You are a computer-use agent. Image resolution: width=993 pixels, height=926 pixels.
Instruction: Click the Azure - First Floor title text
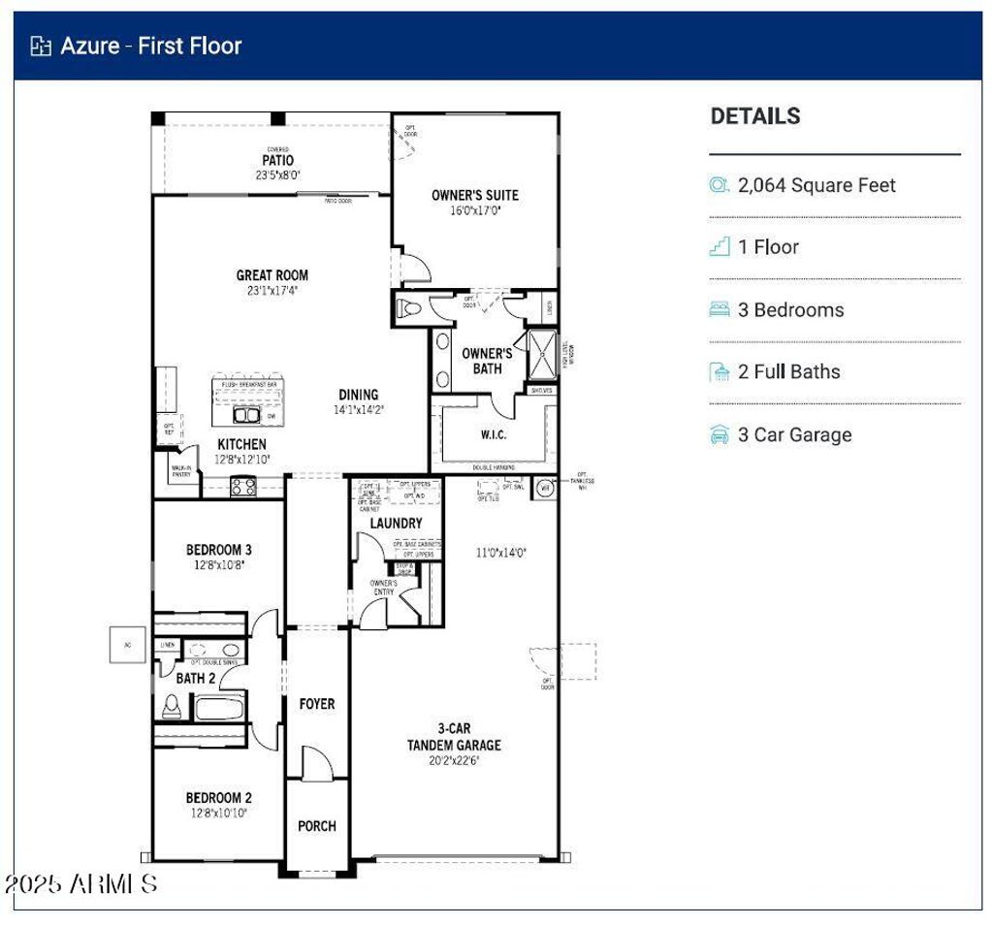coord(150,46)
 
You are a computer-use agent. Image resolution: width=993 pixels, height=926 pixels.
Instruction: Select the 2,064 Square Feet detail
coord(817,185)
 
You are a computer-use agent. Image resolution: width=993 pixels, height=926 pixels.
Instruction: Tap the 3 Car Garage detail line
coord(794,434)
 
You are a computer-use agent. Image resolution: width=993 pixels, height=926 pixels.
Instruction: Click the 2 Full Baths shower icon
coord(719,372)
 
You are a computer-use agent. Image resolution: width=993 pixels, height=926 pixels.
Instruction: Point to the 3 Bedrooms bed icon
coord(719,310)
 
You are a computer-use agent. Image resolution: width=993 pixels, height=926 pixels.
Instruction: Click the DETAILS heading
coord(755,116)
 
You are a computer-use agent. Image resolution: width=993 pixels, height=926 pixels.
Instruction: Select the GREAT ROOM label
coord(272,275)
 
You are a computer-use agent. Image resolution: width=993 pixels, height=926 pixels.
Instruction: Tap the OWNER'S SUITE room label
coord(474,195)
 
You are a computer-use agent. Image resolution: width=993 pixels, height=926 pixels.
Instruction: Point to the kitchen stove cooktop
coord(242,487)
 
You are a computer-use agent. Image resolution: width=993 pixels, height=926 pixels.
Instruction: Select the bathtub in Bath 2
coord(223,708)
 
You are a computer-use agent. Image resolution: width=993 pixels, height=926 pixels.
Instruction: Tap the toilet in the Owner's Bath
coord(408,309)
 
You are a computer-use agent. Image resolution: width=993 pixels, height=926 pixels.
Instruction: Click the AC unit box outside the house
coord(126,645)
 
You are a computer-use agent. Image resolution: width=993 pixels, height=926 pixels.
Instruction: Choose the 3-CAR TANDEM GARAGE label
coord(454,736)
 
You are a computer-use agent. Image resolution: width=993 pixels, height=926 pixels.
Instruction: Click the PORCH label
coord(316,826)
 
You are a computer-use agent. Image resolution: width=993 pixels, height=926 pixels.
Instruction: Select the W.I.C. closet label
coord(493,434)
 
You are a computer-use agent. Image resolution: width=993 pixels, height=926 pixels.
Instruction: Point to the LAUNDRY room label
coord(396,524)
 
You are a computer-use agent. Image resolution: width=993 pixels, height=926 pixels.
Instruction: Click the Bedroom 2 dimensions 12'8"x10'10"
coord(218,814)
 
